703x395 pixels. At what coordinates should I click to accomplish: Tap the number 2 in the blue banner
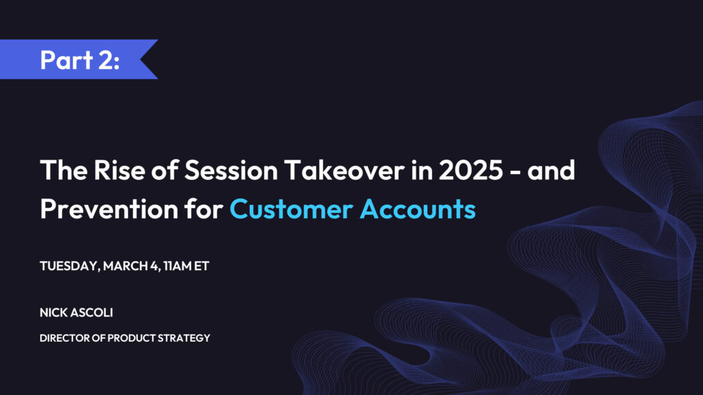[x=105, y=59]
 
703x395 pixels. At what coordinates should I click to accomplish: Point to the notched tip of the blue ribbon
[x=141, y=59]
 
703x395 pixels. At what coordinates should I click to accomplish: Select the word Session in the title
[x=231, y=171]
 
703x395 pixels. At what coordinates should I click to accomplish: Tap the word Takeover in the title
[x=344, y=171]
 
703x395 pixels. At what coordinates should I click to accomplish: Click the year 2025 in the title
[x=471, y=171]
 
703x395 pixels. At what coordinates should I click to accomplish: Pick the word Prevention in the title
[x=109, y=209]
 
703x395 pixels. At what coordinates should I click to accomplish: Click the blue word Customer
[x=291, y=209]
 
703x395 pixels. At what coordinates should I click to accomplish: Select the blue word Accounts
[x=418, y=209]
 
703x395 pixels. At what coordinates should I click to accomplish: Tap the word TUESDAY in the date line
[x=70, y=266]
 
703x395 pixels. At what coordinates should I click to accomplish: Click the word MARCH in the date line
[x=126, y=266]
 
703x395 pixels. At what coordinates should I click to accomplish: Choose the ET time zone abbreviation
[x=201, y=266]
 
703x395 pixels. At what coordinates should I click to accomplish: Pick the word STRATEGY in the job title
[x=184, y=338]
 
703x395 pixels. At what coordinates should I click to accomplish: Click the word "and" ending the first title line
[x=551, y=171]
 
